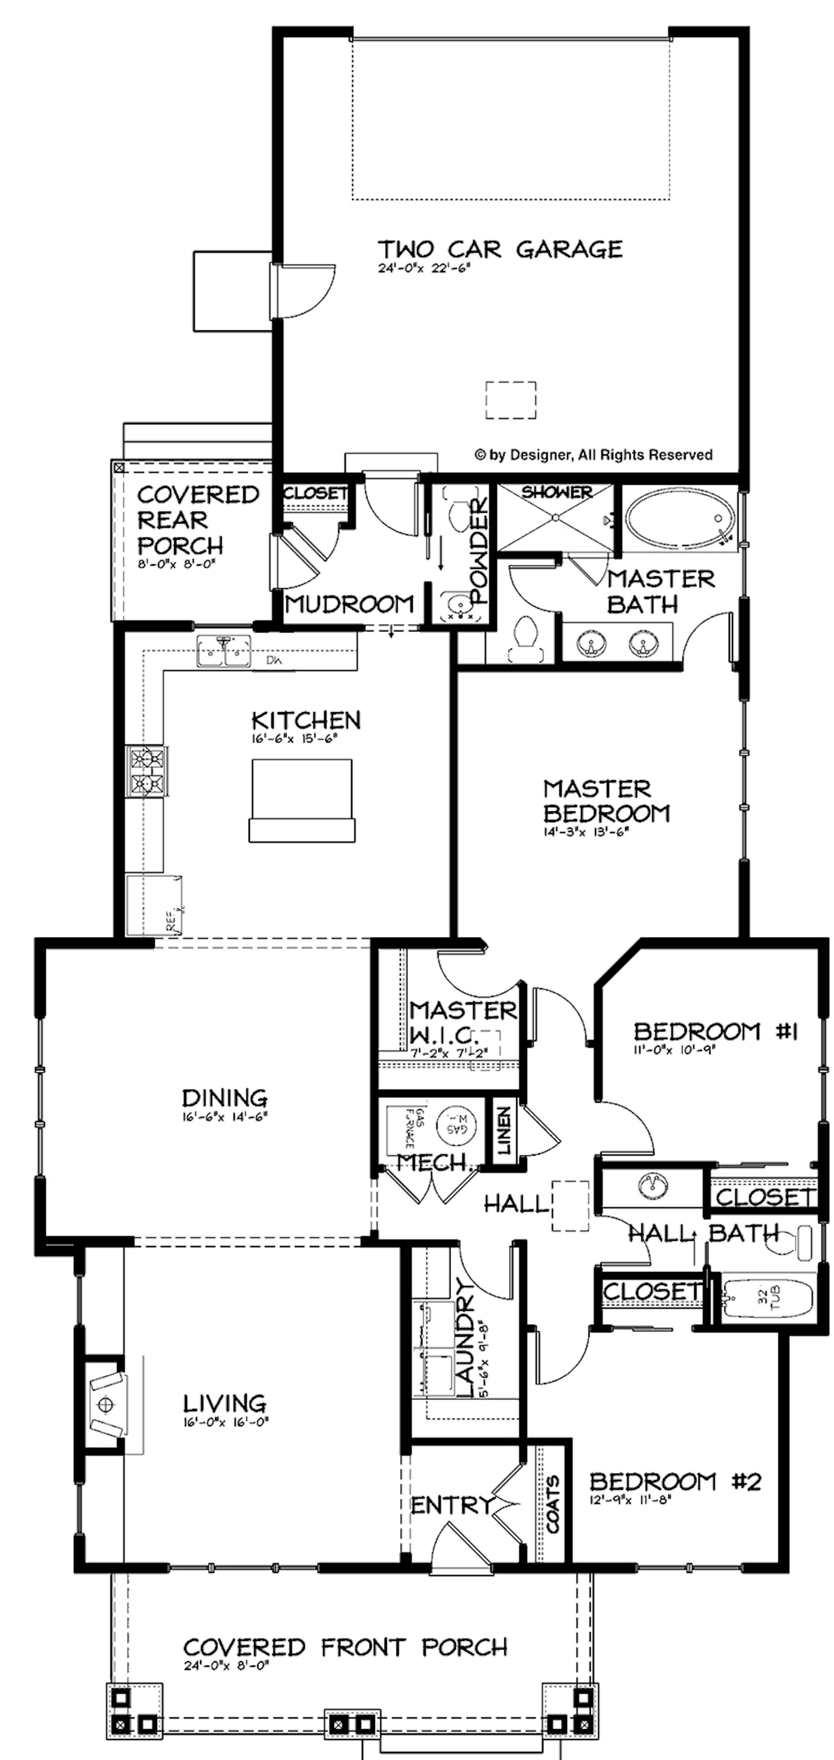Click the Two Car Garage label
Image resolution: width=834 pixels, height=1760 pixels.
coord(500,249)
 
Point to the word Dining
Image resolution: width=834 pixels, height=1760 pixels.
coord(224,1098)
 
